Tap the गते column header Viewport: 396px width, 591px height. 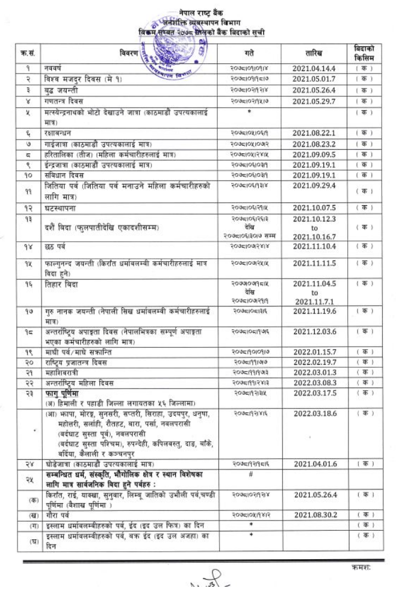click(x=249, y=53)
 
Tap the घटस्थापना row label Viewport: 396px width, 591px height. click(x=59, y=208)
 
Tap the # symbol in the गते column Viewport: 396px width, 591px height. click(x=249, y=475)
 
